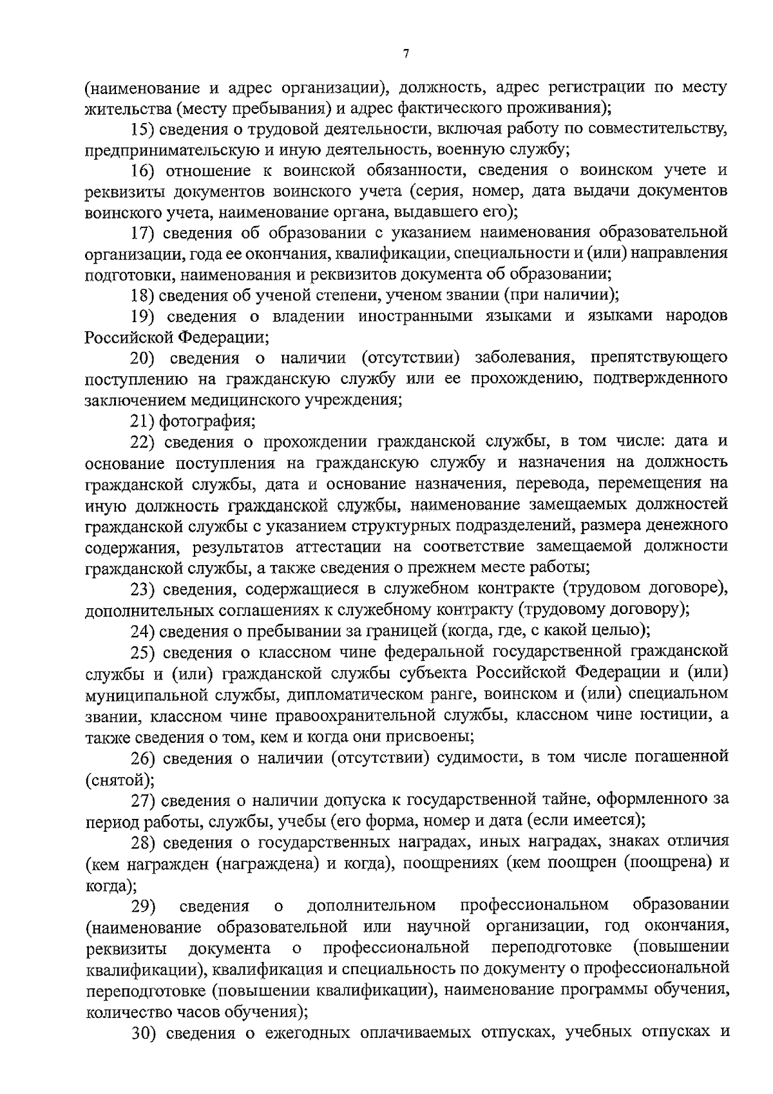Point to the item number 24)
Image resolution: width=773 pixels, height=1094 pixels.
click(142, 630)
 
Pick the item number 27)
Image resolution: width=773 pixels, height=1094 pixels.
click(142, 800)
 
